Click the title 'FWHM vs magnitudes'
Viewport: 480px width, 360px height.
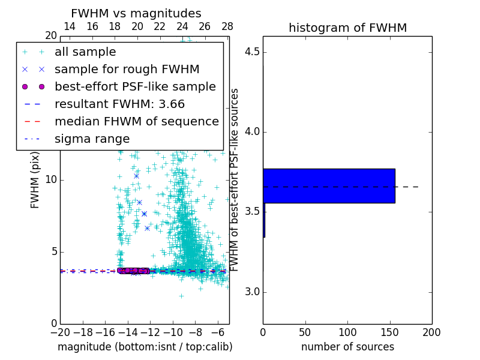(136, 13)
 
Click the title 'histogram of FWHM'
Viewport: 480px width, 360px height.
(347, 28)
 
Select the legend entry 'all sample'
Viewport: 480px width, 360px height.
(85, 52)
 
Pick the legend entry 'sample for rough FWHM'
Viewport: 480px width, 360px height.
(127, 70)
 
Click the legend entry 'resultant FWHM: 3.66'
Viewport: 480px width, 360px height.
(119, 104)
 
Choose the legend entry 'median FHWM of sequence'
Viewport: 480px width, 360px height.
(136, 122)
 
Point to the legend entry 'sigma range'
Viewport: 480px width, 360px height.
(92, 139)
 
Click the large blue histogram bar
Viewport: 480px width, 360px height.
(329, 185)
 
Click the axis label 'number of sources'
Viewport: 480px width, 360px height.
(347, 347)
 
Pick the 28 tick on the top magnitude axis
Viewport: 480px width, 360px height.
(227, 26)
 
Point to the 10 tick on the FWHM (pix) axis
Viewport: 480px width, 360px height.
(51, 180)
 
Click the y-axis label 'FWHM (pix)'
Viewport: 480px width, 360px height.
(35, 180)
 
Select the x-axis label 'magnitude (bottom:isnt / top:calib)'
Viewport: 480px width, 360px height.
(145, 347)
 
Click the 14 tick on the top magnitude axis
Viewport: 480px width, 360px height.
(70, 26)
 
